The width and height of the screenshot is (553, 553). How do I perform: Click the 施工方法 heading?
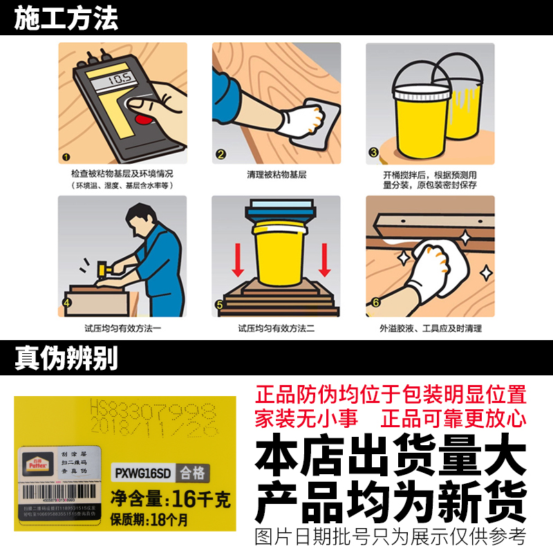point(67,17)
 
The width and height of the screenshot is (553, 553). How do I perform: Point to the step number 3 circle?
point(374,153)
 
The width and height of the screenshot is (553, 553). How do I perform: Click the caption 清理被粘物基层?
point(276,175)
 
